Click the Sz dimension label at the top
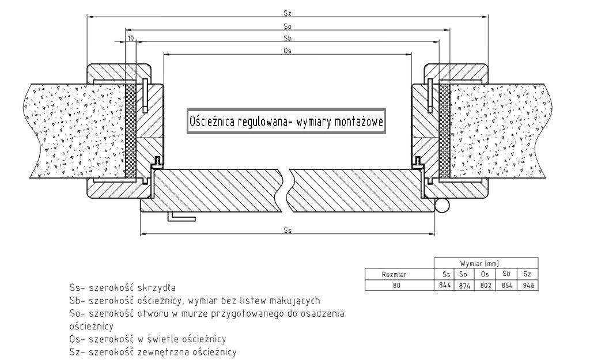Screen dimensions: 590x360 pos(288,13)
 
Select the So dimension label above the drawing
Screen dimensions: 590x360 pos(288,26)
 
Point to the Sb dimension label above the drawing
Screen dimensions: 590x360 pos(288,38)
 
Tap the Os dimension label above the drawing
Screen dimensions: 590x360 pos(288,51)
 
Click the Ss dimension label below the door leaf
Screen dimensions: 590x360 pos(288,230)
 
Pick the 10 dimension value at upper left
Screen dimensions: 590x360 pos(131,38)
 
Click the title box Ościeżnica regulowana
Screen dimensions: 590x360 pos(286,121)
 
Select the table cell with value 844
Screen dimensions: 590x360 pos(444,285)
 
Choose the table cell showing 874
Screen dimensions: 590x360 pos(464,286)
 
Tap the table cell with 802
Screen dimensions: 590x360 pos(485,286)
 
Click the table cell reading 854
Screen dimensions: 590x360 pos(507,286)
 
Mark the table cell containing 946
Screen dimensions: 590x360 pos(528,286)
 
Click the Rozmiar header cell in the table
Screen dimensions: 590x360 pos(394,274)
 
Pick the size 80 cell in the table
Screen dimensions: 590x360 pos(396,286)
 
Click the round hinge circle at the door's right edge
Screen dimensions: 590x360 pos(442,206)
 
